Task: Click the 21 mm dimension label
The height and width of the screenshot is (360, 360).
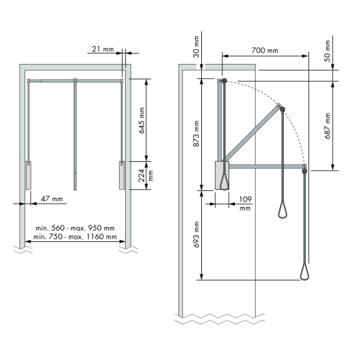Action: (x=103, y=49)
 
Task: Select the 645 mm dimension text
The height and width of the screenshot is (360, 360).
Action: (x=142, y=120)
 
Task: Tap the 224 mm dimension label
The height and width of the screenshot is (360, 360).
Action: (x=145, y=175)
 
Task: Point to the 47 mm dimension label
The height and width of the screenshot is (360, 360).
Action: (x=52, y=199)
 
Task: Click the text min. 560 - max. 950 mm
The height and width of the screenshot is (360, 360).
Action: (x=75, y=228)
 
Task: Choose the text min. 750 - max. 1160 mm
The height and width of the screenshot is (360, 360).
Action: (x=75, y=237)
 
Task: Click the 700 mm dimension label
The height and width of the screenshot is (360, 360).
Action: (x=265, y=50)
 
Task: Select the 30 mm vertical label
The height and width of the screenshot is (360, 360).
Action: (x=196, y=47)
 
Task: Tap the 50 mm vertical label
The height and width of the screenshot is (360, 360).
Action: (x=328, y=51)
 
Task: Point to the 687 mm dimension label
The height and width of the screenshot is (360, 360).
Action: (x=328, y=126)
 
